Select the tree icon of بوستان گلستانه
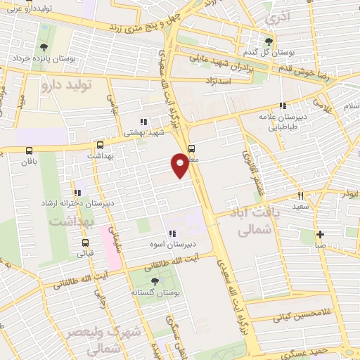tap(155, 281)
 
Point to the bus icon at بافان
tap(29, 150)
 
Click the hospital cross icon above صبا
tap(320, 235)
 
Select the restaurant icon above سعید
tap(300, 196)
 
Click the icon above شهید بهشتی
tap(143, 122)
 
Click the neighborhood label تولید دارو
tap(67, 86)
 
